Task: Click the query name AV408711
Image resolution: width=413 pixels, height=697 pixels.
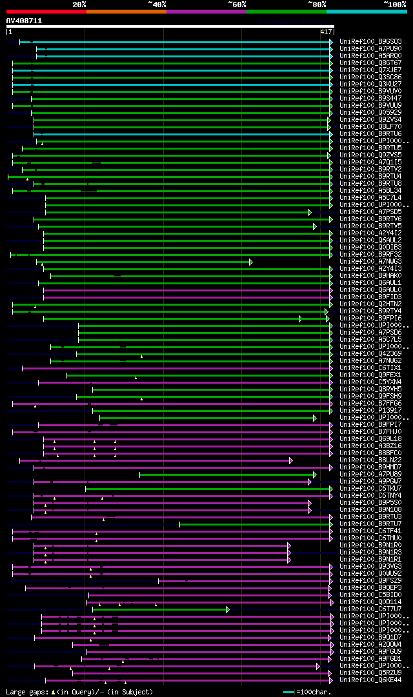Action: click(x=24, y=21)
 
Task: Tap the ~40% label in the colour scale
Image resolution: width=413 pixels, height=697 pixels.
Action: click(x=157, y=5)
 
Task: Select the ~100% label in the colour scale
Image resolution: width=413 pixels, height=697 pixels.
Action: click(x=395, y=5)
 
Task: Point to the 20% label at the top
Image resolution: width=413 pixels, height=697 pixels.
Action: click(x=79, y=5)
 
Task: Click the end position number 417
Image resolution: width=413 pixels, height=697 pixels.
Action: click(x=325, y=32)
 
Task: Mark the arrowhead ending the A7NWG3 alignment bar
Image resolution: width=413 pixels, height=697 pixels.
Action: click(x=250, y=262)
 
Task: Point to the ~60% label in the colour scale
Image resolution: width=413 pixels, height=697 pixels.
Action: click(x=237, y=5)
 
